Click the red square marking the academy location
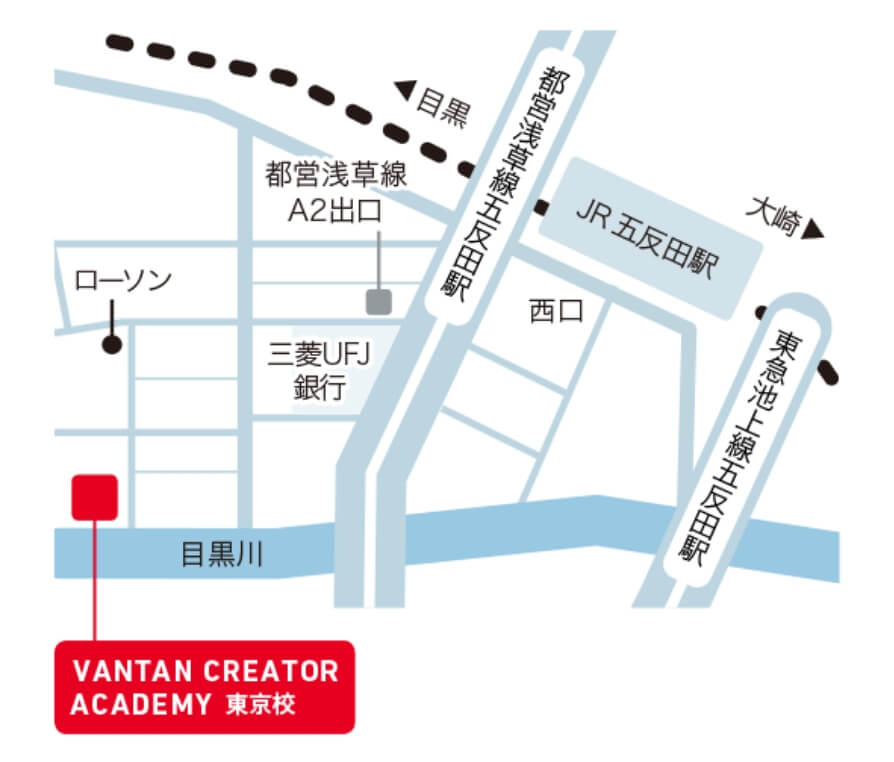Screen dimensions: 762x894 tap(95, 497)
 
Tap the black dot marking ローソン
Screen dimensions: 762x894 tap(112, 345)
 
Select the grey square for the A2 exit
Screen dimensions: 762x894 tap(379, 300)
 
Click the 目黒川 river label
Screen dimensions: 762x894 tap(222, 554)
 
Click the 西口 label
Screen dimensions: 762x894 tap(555, 313)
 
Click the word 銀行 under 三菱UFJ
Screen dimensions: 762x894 tap(319, 387)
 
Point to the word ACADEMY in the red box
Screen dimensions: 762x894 tap(137, 704)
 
